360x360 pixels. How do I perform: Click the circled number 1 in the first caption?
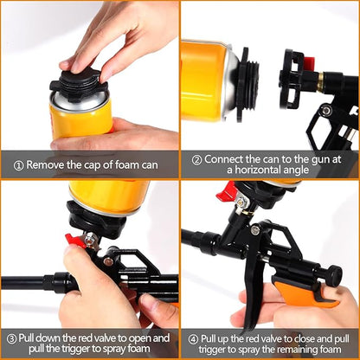click(17, 164)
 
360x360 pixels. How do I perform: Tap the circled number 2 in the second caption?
click(196, 158)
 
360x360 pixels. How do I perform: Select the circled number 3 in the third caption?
click(12, 338)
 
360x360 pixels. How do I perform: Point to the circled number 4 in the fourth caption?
click(191, 338)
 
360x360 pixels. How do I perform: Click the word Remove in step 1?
click(48, 164)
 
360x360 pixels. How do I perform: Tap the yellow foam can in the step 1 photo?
click(80, 118)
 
